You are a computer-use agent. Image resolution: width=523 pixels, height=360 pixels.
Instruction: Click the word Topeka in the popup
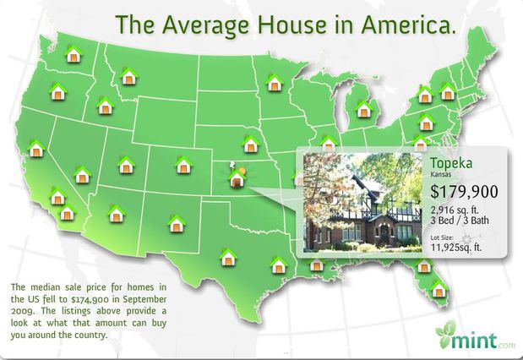[x=451, y=163]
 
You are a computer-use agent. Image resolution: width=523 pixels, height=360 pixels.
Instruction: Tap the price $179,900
[x=464, y=191]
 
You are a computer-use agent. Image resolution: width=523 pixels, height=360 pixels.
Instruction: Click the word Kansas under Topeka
[x=440, y=174]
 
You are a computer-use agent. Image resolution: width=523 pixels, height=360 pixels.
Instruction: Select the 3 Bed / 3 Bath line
[x=460, y=221]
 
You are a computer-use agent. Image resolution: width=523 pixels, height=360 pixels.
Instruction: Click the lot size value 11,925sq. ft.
[x=456, y=248]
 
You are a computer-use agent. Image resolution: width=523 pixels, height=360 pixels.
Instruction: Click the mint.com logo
[x=476, y=335]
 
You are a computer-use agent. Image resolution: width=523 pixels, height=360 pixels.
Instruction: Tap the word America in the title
[x=408, y=25]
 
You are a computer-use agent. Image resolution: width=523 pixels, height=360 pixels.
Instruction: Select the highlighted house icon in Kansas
[x=237, y=177]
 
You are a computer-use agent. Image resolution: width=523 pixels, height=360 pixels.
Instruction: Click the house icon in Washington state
[x=74, y=54]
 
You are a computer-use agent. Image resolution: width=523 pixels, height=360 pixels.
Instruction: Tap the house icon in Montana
[x=129, y=76]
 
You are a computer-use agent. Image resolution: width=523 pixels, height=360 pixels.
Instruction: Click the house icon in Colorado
[x=184, y=165]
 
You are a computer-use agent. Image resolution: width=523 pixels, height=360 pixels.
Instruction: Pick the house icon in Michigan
[x=364, y=109]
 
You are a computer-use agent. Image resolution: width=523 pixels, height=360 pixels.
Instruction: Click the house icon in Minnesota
[x=275, y=83]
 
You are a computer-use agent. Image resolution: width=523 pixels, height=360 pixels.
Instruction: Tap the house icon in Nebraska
[x=251, y=145]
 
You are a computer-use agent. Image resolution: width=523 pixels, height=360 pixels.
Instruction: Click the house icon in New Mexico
[x=177, y=224]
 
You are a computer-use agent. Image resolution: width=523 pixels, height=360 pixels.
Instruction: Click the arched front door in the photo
[x=384, y=232]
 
